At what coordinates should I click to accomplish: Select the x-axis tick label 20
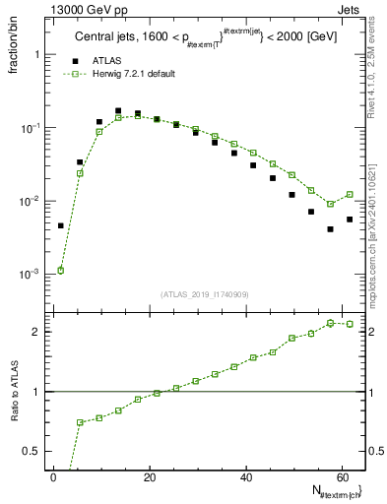(150, 477)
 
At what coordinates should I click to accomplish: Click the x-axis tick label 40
(246, 477)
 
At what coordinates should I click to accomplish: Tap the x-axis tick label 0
(54, 477)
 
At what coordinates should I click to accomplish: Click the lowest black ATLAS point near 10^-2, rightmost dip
(331, 229)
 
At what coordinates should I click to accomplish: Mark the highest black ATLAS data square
(118, 111)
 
